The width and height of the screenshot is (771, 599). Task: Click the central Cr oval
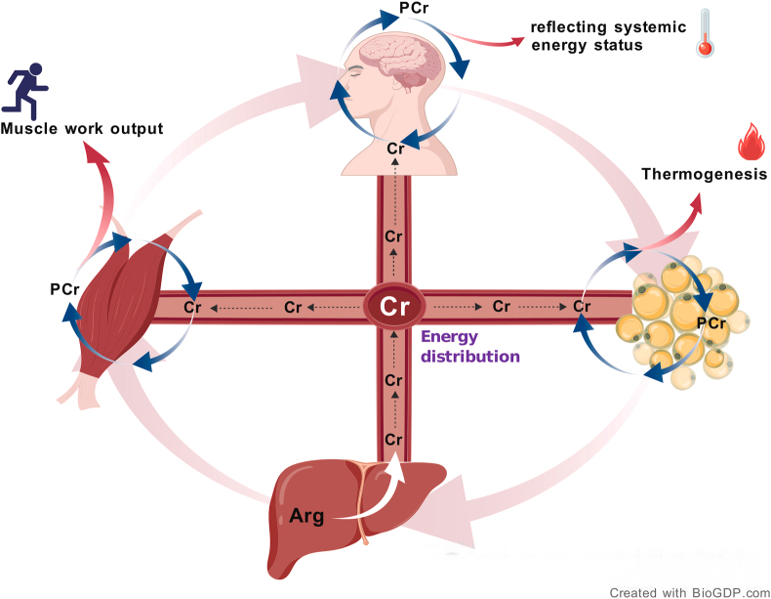(x=394, y=306)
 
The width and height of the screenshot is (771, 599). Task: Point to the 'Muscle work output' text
(x=81, y=128)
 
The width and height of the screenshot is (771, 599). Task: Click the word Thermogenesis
(x=703, y=175)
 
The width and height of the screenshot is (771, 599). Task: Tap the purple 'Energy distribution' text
(x=469, y=347)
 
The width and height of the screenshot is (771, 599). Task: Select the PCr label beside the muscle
(x=64, y=289)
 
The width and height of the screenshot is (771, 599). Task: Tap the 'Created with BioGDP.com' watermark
(x=689, y=592)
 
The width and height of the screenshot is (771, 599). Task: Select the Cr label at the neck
(x=394, y=149)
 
